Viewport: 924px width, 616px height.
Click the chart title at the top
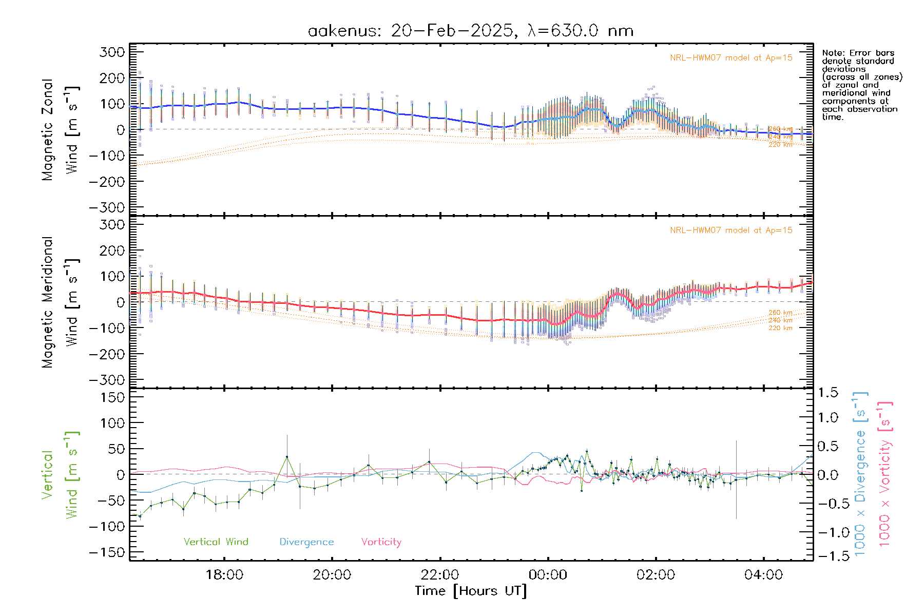[470, 31]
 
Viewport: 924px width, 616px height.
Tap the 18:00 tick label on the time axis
[224, 575]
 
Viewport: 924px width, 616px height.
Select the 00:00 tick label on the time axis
[548, 575]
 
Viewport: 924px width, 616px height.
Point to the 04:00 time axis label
[763, 575]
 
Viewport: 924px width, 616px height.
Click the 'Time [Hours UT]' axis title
[471, 591]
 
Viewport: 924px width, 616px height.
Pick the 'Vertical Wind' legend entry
[216, 542]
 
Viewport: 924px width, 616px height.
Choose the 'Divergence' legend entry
[306, 542]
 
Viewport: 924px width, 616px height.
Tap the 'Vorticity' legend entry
[381, 542]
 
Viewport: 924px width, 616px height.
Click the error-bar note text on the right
[861, 85]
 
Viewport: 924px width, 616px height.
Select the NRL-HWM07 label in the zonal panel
[731, 58]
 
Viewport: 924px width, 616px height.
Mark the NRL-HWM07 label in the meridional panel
[731, 230]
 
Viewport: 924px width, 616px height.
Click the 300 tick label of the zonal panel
[112, 52]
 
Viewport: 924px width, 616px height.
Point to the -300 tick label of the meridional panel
[107, 380]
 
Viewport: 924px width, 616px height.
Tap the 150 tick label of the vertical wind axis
[112, 397]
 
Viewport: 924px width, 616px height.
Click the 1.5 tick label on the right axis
[828, 393]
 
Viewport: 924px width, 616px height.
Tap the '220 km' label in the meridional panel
[780, 328]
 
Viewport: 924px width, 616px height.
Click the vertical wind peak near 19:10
[287, 456]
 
